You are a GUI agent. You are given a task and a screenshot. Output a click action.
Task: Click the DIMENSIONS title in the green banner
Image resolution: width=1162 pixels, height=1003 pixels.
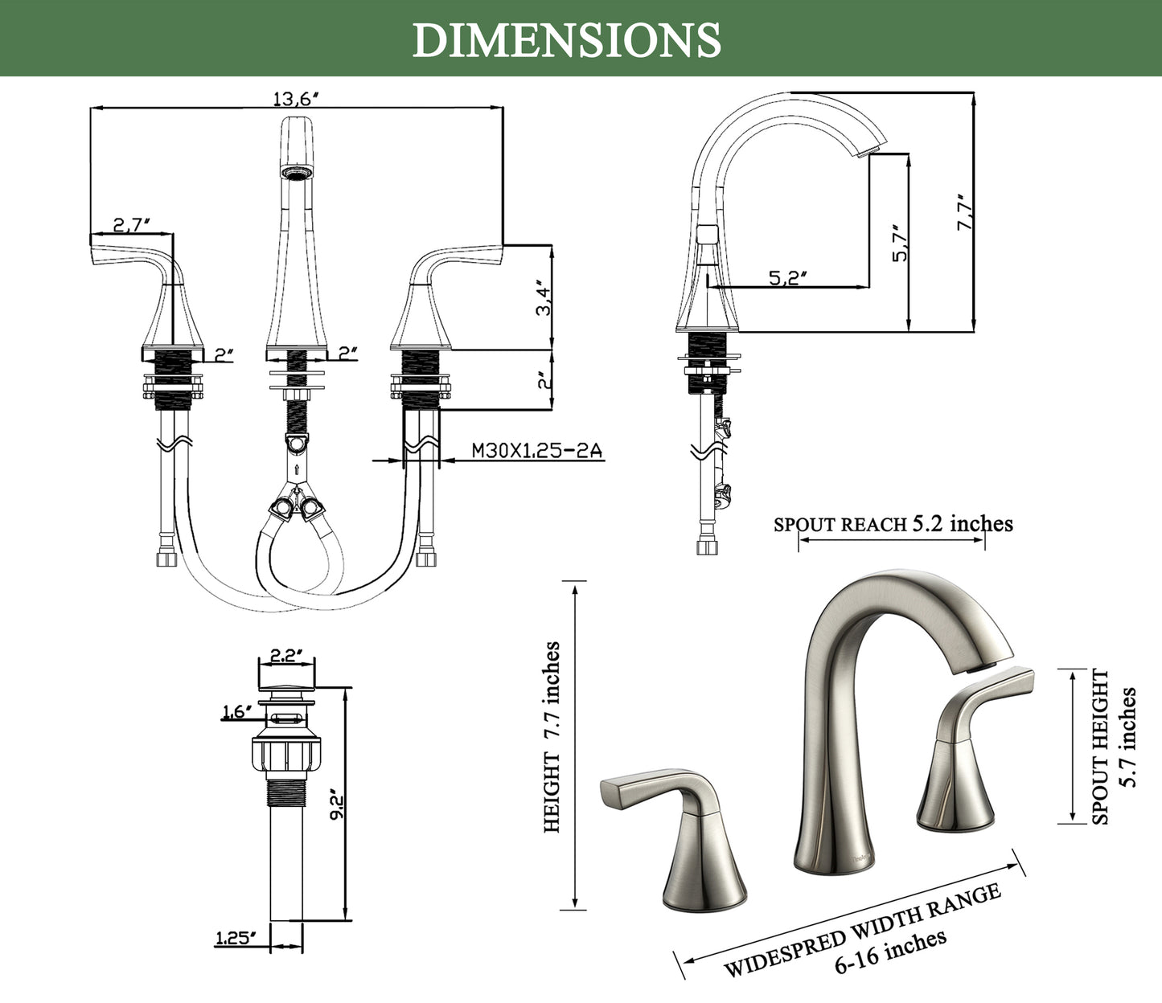click(x=566, y=39)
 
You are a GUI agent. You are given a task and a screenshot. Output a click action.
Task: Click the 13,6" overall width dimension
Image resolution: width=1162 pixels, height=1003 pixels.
click(x=296, y=99)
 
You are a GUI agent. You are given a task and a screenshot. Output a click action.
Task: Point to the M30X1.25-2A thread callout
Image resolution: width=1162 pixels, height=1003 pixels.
click(x=536, y=451)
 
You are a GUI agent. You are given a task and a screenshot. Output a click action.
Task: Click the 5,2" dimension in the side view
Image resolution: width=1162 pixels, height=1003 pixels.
click(x=787, y=277)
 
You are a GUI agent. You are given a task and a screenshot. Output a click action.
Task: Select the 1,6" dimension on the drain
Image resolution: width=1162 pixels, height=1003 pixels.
click(x=237, y=711)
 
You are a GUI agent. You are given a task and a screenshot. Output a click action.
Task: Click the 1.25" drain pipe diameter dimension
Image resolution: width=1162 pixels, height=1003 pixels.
click(x=235, y=938)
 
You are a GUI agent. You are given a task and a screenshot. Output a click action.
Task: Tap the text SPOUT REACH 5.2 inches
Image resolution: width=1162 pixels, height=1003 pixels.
click(x=893, y=524)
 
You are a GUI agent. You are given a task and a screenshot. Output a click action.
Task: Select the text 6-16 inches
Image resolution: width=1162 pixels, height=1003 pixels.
click(x=890, y=952)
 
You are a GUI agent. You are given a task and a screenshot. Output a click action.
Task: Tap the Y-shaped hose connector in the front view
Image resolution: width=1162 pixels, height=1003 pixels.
click(x=296, y=497)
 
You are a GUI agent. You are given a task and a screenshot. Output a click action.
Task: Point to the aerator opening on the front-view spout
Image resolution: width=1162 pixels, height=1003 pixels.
click(x=296, y=172)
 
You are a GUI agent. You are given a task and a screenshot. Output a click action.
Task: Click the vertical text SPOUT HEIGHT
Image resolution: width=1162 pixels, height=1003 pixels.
click(x=1100, y=747)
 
